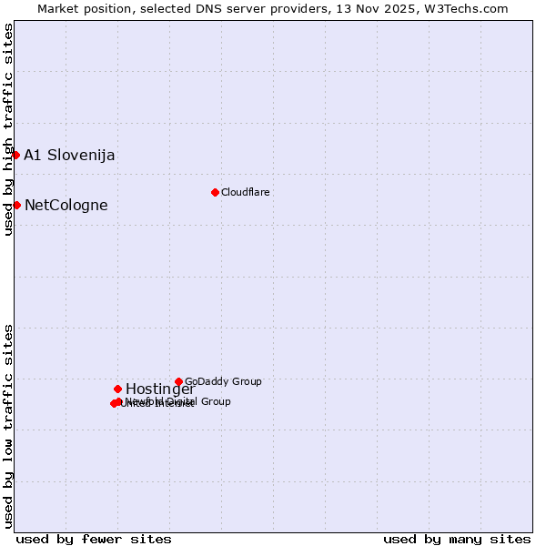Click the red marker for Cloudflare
point(215,192)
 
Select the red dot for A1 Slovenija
point(15,155)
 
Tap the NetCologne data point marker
point(16,205)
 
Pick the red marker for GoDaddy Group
point(178,381)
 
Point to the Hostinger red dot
point(117,389)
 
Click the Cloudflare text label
point(245,192)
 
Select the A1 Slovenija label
point(69,155)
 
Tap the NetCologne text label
point(66,205)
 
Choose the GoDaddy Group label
point(223,381)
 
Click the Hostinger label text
point(160,389)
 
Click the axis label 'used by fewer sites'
point(94,539)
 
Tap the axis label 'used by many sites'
point(457,539)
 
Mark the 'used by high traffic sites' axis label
point(8,129)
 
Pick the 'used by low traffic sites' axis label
point(8,426)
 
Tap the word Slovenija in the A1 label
point(81,155)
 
